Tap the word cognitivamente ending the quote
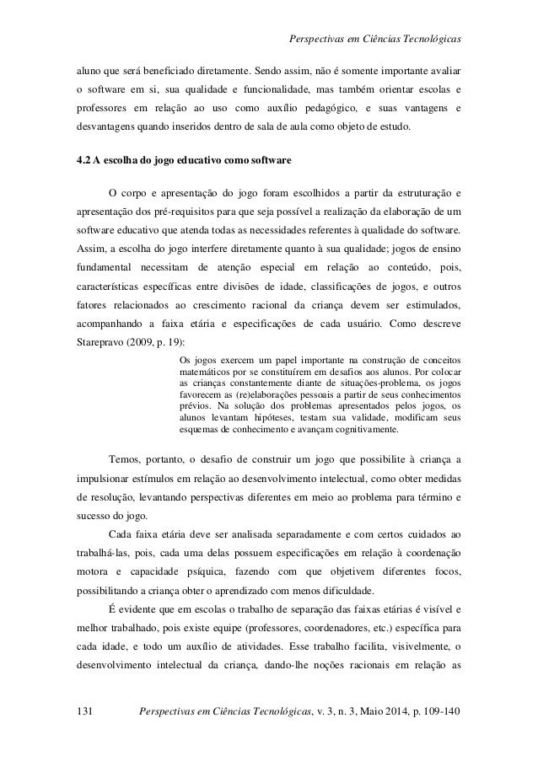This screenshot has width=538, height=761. click(364, 430)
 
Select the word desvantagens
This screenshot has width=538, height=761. click(104, 127)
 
